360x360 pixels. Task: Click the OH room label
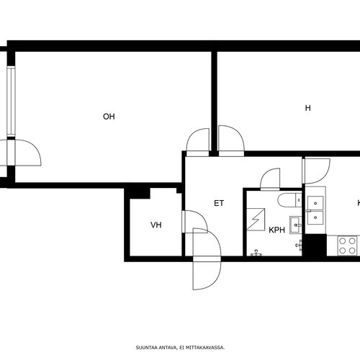coord(109,117)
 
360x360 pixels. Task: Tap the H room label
coord(307,108)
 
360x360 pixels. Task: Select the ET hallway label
coord(219,203)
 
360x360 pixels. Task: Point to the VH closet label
coord(156,225)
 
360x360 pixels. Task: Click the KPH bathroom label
coord(276,230)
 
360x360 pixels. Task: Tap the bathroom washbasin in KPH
coord(295,225)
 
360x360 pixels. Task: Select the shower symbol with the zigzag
coord(256,220)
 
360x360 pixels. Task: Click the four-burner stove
coord(347,246)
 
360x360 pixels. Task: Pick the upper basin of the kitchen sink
coord(315,203)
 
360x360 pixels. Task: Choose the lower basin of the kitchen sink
coord(315,217)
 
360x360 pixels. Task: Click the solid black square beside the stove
coord(315,245)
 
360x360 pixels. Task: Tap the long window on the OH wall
coord(11,102)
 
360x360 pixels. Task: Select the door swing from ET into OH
coord(198,140)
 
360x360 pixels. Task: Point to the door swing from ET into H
coord(232,138)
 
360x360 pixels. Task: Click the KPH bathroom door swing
coord(270,178)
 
